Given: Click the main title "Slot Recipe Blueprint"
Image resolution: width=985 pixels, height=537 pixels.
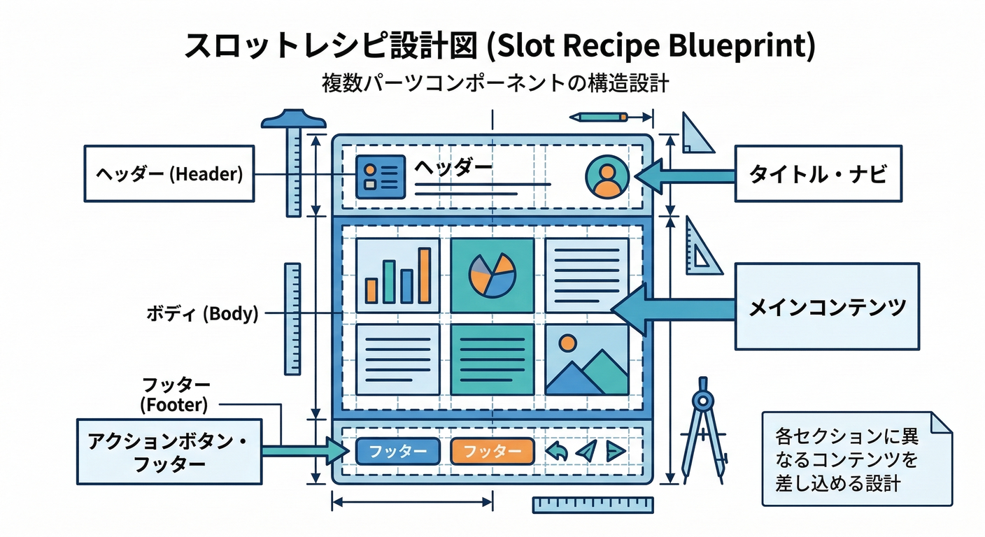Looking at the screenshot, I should coord(499,45).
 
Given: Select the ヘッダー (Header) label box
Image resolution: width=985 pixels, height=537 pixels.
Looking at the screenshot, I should coord(169,173).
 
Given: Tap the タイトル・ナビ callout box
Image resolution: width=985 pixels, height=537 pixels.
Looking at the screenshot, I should coord(818,173).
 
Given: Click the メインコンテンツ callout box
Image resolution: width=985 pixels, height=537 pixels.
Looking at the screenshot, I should coord(827,306).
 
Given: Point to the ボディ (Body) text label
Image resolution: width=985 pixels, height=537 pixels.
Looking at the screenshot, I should coord(202,314).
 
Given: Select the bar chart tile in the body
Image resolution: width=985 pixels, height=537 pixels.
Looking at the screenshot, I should coord(397,275).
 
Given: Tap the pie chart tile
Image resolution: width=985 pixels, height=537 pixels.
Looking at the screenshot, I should coord(492,275).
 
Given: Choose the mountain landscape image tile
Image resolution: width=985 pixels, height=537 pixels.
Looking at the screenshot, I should coord(586,359).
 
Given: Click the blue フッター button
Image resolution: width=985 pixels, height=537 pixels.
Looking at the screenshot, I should coord(397,451).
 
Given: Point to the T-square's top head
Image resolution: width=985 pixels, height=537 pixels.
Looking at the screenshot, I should coord(294,120).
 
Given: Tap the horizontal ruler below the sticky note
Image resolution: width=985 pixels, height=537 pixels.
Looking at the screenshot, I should coord(593,505).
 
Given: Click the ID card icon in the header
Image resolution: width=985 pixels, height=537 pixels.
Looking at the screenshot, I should coord(381,175).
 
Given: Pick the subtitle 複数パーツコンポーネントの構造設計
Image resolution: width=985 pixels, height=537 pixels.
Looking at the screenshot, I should coord(495,83).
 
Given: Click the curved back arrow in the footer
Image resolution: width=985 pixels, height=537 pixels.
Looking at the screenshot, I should coord(555,451).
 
